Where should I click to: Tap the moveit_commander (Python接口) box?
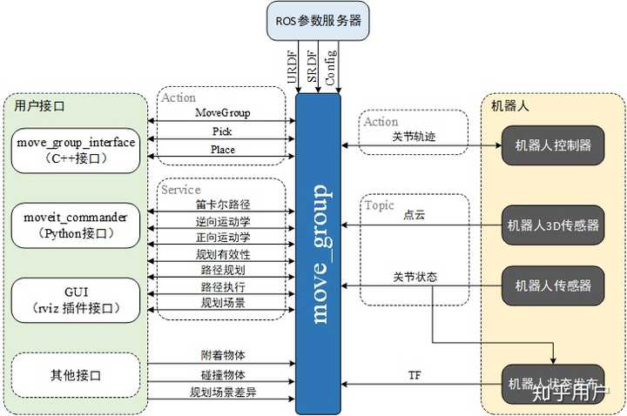point(76,224)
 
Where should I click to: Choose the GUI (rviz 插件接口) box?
point(76,299)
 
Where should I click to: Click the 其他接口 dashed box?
point(76,375)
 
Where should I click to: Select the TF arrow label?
point(415,376)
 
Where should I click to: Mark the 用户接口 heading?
point(40,106)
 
